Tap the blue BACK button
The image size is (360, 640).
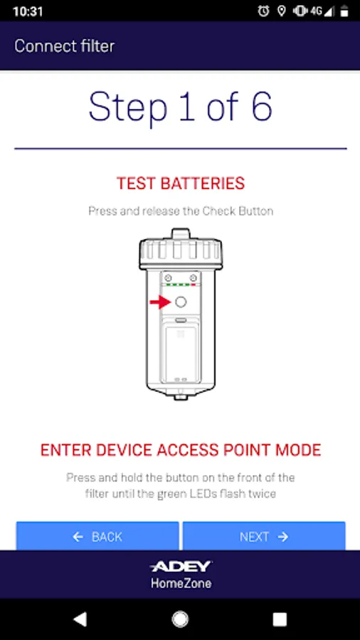tap(97, 536)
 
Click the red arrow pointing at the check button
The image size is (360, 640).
tap(160, 302)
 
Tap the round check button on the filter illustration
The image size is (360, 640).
tap(181, 302)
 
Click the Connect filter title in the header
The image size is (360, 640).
tap(65, 46)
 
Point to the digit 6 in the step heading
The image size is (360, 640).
tap(261, 106)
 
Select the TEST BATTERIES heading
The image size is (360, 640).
tap(181, 183)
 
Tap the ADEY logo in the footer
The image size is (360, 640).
tap(181, 566)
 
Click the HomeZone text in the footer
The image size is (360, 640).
tap(181, 583)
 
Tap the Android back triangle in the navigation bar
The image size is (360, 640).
tap(80, 619)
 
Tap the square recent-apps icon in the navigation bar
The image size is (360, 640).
tap(280, 619)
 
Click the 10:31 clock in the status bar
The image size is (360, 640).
tap(28, 11)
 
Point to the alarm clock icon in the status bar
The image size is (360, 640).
tap(263, 11)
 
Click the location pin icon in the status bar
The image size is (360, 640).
tap(281, 11)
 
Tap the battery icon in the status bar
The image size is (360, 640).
tap(344, 11)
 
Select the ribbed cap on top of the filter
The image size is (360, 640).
tap(181, 249)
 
